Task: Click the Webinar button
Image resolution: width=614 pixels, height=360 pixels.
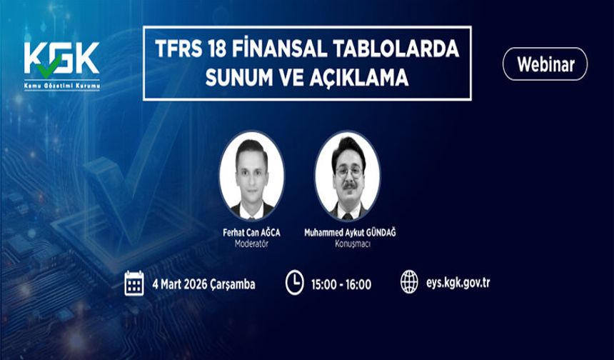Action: pyautogui.click(x=545, y=64)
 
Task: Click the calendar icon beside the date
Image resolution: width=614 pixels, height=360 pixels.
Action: pyautogui.click(x=134, y=283)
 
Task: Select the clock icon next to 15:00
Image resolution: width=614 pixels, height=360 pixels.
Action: pyautogui.click(x=294, y=283)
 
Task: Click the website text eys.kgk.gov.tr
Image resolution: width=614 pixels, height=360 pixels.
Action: pyautogui.click(x=457, y=282)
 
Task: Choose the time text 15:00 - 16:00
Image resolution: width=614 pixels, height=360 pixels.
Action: pyautogui.click(x=341, y=284)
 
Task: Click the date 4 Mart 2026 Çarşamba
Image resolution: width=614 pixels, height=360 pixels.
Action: pyautogui.click(x=203, y=284)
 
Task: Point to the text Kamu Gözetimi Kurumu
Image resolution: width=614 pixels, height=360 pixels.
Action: pyautogui.click(x=61, y=86)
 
